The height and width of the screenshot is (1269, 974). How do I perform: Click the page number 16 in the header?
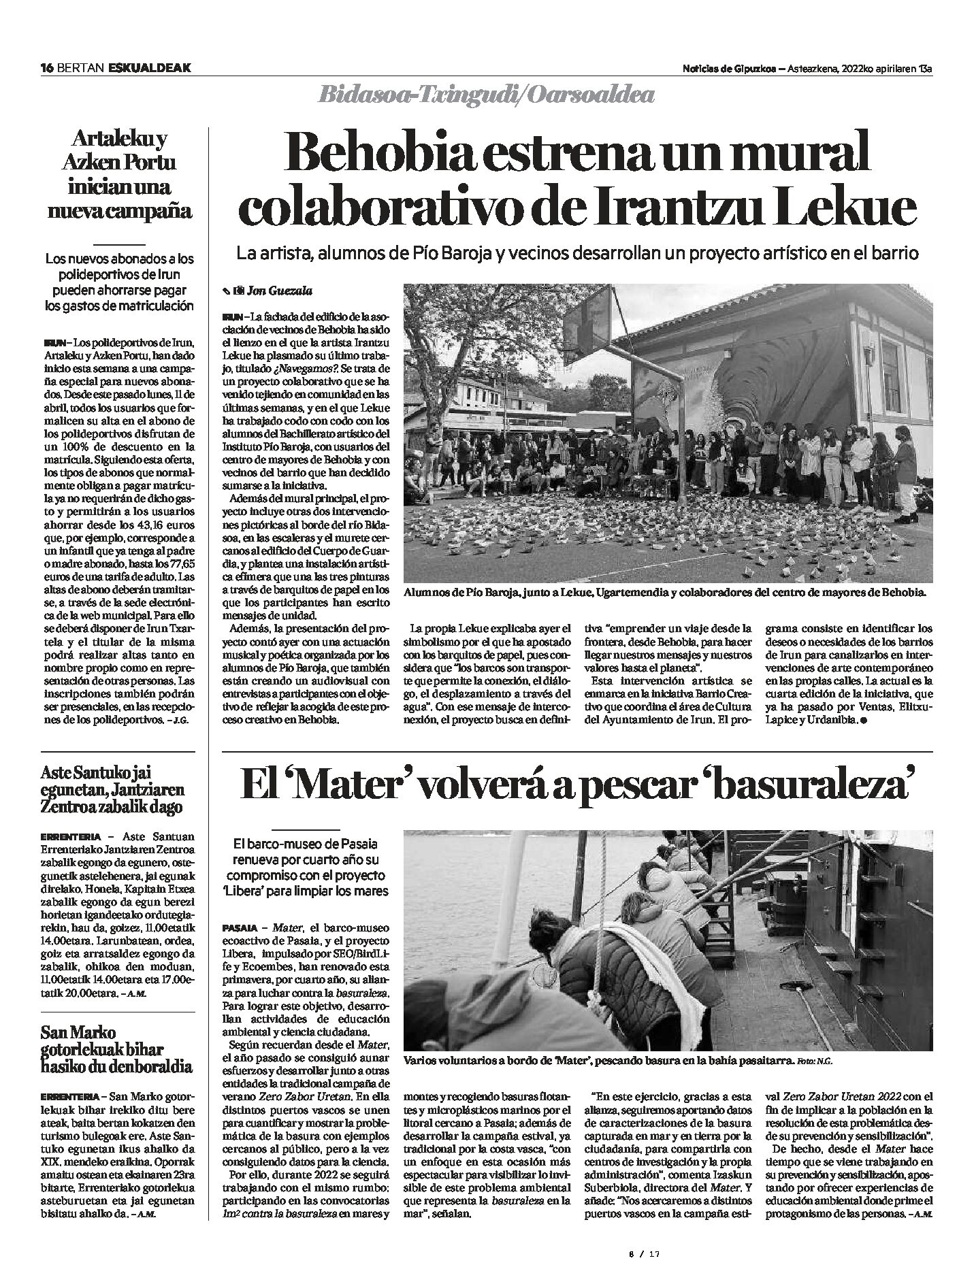[46, 67]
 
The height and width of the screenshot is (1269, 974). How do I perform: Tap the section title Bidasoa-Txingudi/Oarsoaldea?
[486, 96]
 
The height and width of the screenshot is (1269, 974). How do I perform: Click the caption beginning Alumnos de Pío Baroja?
[665, 592]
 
